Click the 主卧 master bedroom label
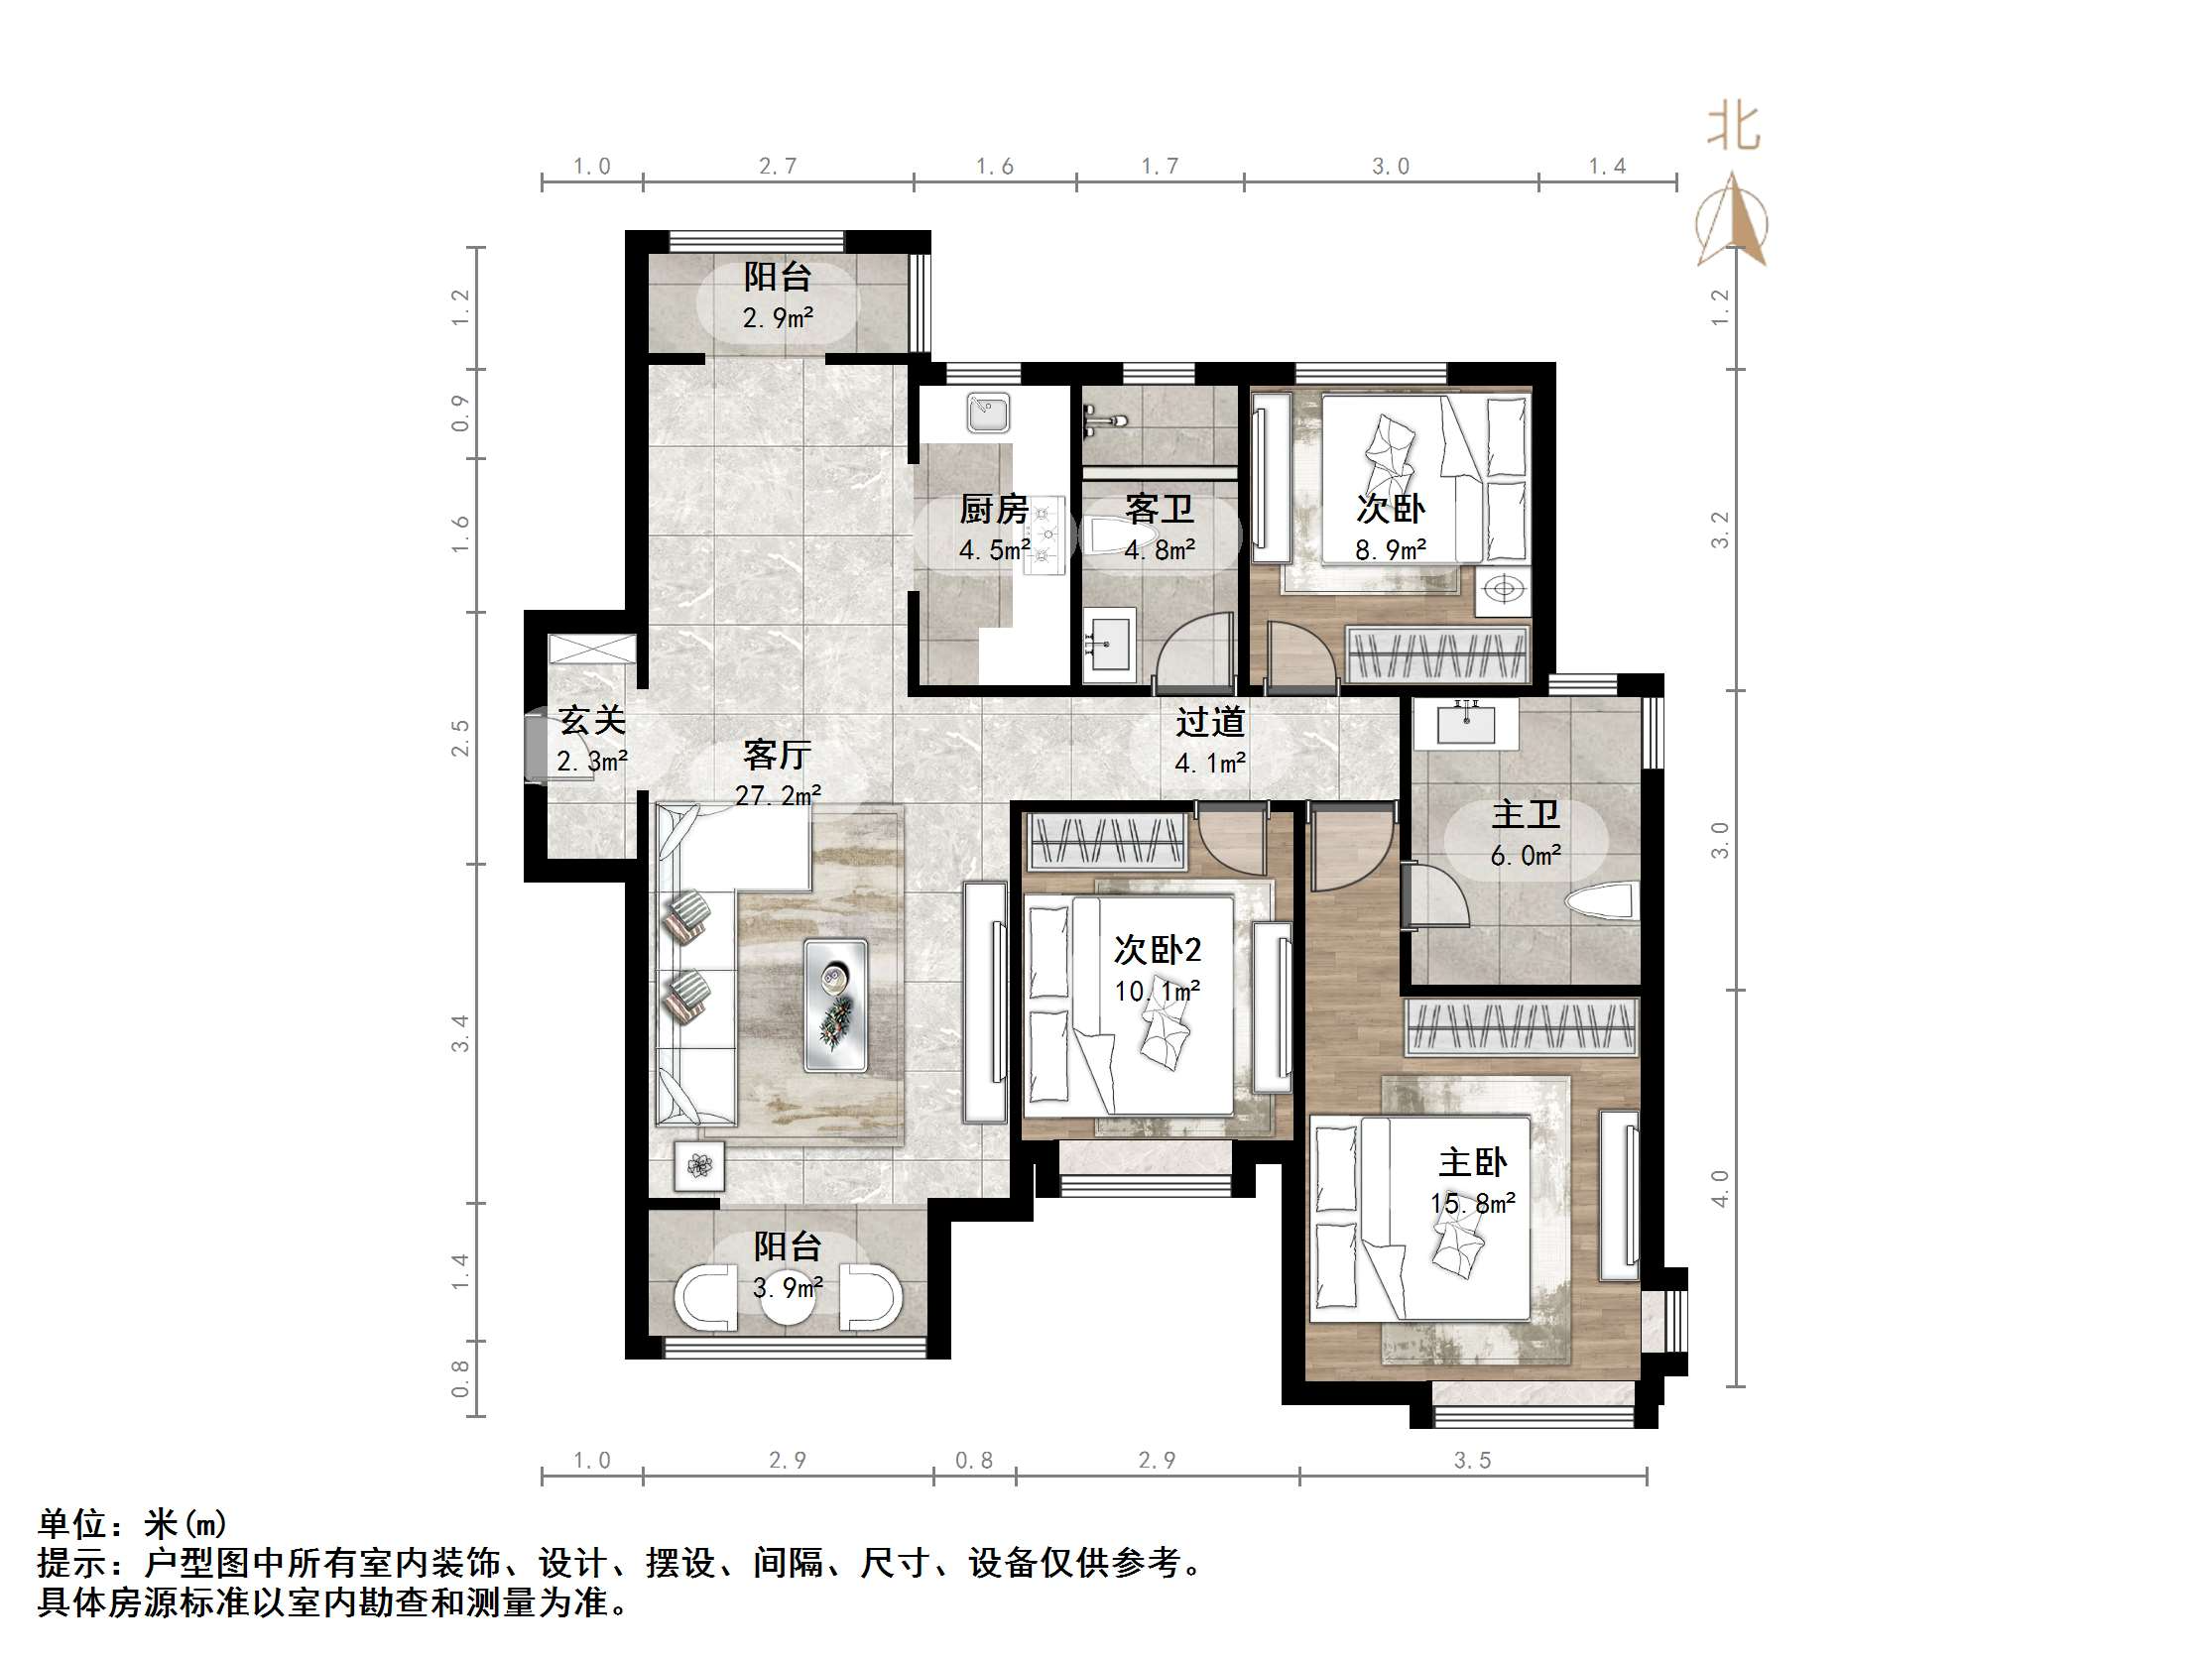1472,1163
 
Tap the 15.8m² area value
1472,1203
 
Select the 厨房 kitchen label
993,509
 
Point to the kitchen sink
989,412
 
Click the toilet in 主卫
1602,901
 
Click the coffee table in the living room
836,1005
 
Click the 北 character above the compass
1733,129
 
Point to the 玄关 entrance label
592,720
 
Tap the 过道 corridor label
1210,722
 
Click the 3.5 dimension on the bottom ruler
1472,1461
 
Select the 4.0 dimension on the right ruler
1719,1188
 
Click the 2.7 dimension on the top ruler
778,166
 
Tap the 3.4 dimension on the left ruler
460,1033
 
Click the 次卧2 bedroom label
1157,950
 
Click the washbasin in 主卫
1466,722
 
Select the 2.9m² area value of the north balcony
777,318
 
